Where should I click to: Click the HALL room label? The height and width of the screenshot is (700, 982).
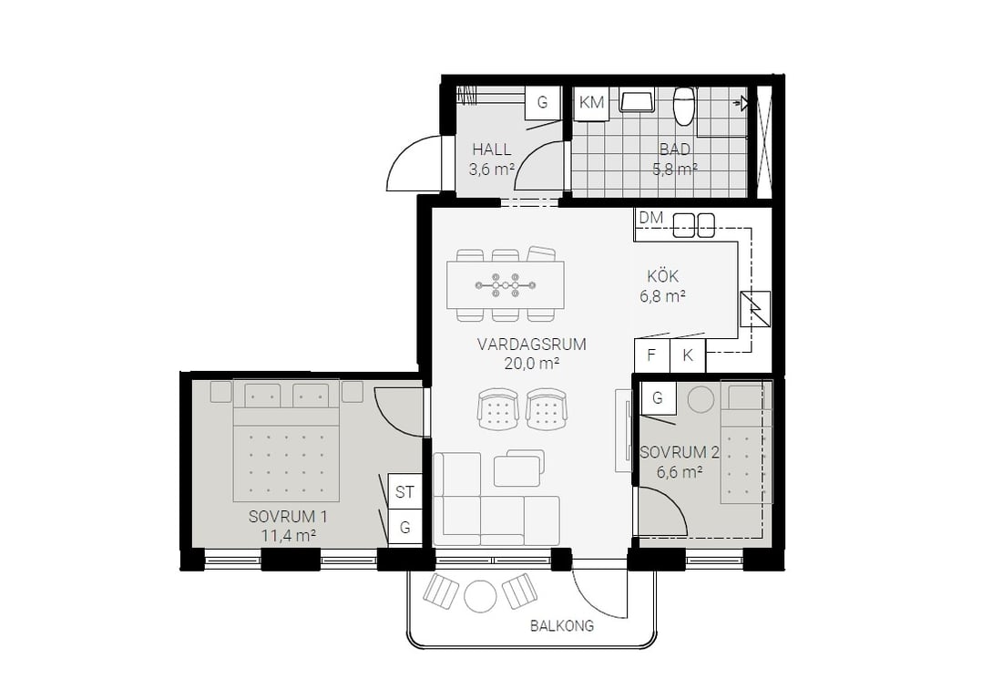(x=492, y=149)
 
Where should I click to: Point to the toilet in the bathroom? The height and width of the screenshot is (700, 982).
(x=684, y=106)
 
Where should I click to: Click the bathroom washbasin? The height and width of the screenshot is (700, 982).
(x=637, y=100)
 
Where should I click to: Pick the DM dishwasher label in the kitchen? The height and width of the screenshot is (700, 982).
(x=650, y=218)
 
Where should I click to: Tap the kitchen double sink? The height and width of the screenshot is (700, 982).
(x=694, y=226)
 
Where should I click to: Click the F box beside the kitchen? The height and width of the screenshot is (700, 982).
(x=652, y=355)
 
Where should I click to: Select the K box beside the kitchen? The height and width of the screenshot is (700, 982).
(x=688, y=355)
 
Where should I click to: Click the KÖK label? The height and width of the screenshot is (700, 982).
(x=662, y=276)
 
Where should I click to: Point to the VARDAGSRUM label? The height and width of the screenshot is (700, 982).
(x=532, y=344)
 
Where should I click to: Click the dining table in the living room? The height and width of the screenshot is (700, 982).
(x=506, y=285)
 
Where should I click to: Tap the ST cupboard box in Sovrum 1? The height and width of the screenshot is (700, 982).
(x=404, y=492)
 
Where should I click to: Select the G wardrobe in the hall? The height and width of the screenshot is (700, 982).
(x=542, y=102)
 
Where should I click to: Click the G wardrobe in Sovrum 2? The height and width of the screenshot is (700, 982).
(x=658, y=397)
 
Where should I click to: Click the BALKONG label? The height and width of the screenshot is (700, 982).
(x=562, y=625)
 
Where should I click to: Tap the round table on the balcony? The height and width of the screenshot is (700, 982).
(x=480, y=596)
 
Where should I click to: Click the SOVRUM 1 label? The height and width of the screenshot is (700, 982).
(x=288, y=517)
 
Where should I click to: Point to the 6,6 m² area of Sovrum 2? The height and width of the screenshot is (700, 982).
(x=679, y=472)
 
